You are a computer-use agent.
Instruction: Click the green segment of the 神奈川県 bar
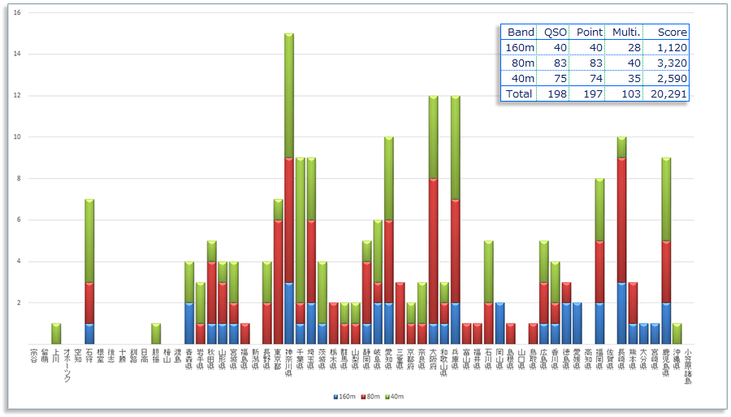[289, 95]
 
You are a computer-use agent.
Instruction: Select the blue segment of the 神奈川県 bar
[289, 313]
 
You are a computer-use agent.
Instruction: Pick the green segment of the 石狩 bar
[89, 241]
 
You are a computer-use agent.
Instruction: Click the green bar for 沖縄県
[677, 333]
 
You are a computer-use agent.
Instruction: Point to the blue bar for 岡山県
[500, 323]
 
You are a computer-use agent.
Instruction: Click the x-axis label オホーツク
[67, 366]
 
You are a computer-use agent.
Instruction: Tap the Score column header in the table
[673, 32]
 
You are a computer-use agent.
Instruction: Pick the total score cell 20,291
[671, 93]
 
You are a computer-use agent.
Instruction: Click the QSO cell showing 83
[556, 63]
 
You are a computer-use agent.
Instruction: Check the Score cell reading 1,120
[673, 47]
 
